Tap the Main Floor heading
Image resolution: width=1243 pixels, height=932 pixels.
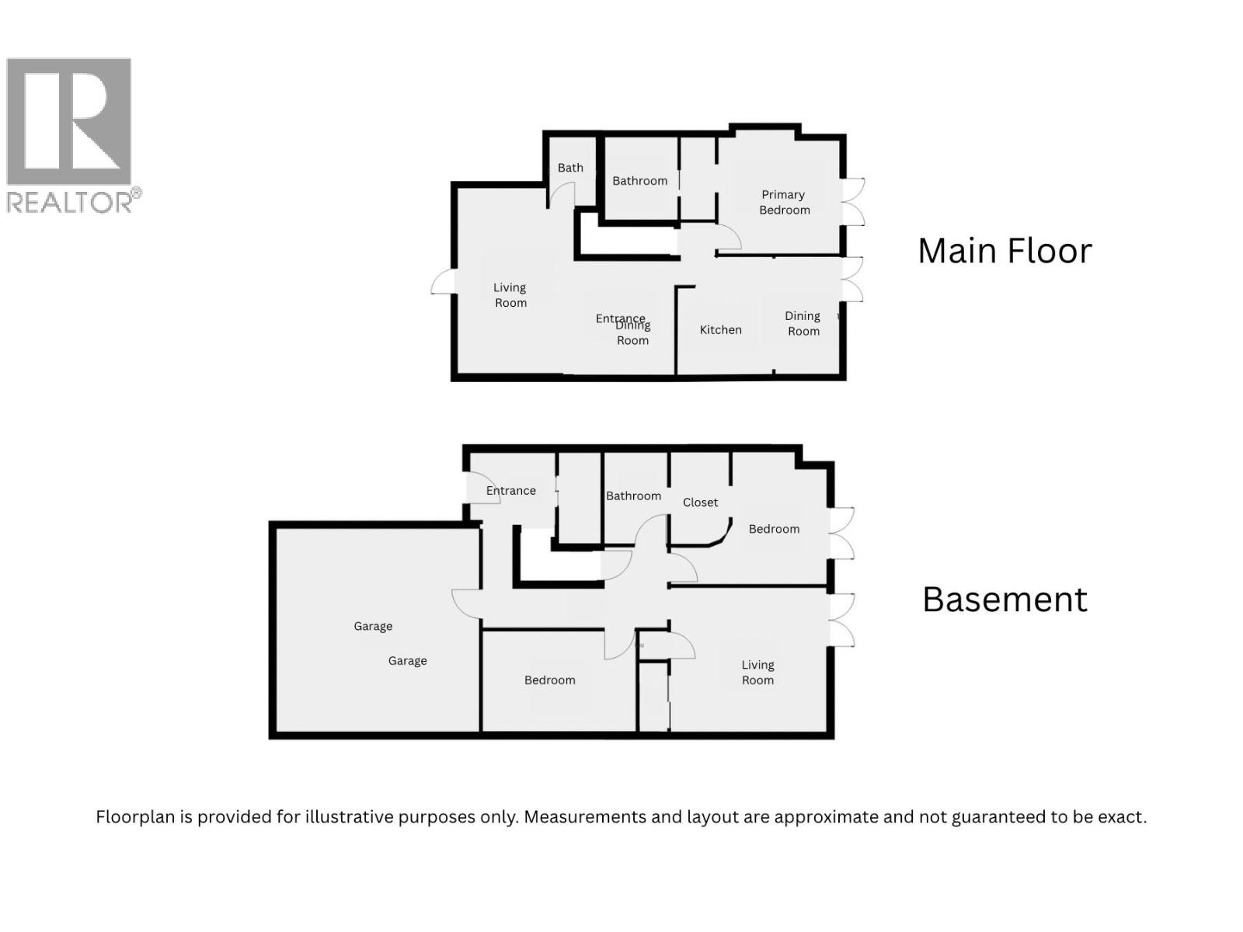tap(1004, 251)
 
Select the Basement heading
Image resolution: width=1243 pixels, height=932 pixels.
tap(1004, 600)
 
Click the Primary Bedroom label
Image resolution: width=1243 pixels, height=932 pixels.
tap(784, 202)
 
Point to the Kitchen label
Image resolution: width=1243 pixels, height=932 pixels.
tap(720, 330)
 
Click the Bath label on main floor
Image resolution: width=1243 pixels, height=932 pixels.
tap(570, 168)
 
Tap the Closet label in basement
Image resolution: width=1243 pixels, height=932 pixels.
tap(700, 503)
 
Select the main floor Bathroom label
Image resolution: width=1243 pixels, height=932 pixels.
tap(639, 181)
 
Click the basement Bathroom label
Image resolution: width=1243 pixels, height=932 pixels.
tap(633, 496)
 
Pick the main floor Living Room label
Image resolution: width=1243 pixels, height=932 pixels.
tap(510, 295)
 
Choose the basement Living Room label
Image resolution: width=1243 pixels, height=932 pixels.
tap(757, 673)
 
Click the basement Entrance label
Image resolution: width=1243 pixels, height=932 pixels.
tap(510, 491)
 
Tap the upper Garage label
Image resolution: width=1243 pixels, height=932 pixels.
tap(373, 626)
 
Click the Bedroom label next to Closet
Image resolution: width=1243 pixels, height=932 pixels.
tap(774, 529)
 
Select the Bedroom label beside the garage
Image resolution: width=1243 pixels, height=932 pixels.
tap(549, 680)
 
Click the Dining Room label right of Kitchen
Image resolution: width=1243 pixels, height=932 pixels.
tap(803, 324)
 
